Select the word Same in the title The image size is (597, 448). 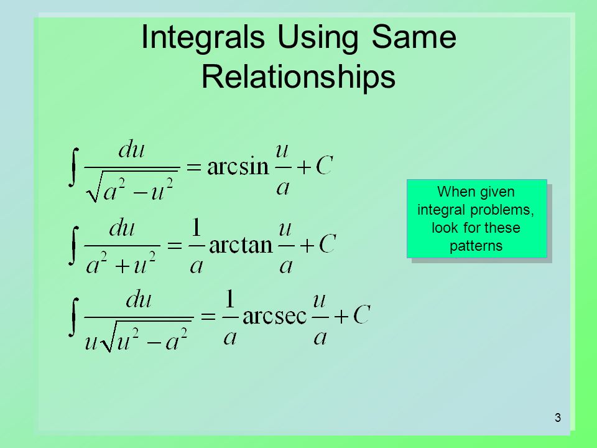tap(414, 37)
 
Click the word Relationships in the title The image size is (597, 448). tap(298, 77)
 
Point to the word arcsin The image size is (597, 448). tap(238, 167)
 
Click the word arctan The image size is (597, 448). tap(241, 245)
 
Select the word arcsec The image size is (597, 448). tap(274, 316)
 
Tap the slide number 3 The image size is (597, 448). tap(558, 418)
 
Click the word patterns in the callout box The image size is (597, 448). tap(476, 246)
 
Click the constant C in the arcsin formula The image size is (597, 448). tap(325, 166)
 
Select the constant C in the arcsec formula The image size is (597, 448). tap(361, 314)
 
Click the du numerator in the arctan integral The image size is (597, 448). tap(122, 228)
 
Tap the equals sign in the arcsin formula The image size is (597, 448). tap(194, 167)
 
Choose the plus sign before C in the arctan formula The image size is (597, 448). tap(307, 246)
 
